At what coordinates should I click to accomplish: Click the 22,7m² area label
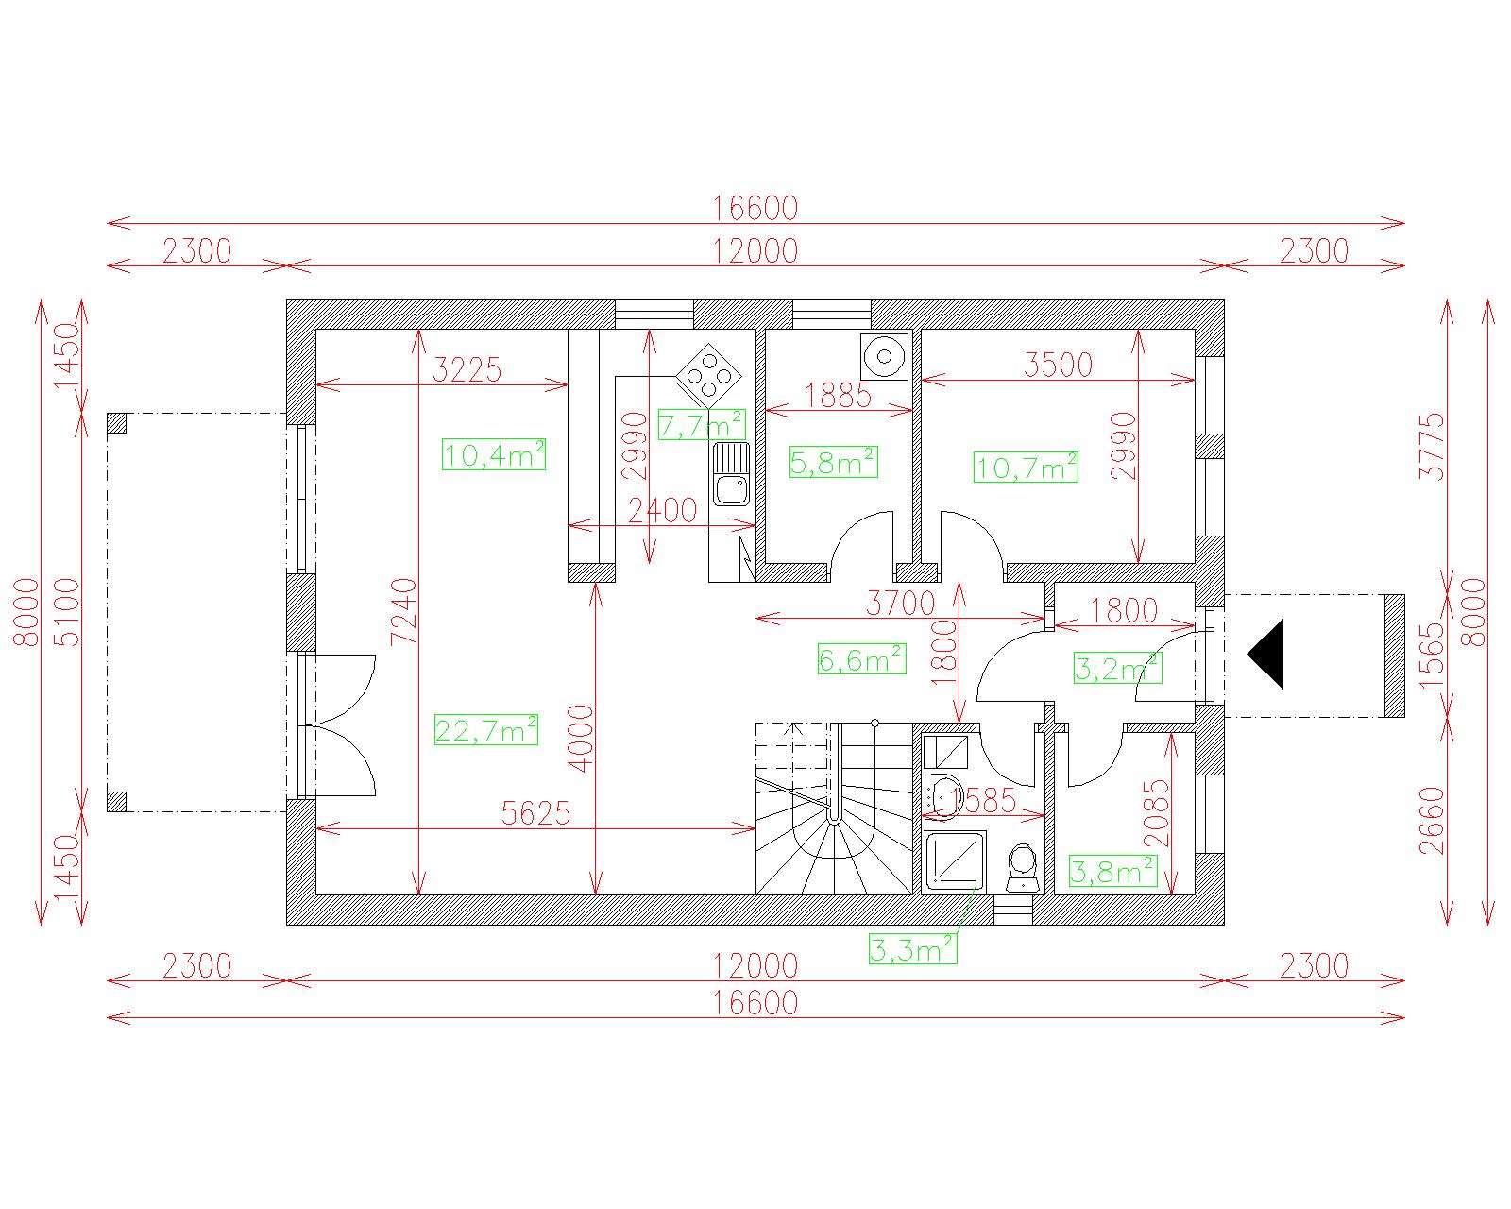485,729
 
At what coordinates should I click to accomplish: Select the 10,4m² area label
494,453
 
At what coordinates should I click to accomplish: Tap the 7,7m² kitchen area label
702,423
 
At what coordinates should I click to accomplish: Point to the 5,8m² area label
834,462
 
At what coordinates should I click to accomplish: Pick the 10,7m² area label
1026,467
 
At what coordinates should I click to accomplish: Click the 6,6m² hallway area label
861,658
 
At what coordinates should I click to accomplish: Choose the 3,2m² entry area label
1118,668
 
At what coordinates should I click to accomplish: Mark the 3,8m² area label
1112,871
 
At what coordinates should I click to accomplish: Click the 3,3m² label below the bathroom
913,948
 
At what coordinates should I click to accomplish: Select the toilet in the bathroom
1023,869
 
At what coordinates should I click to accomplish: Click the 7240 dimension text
404,610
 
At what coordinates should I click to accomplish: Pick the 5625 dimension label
535,813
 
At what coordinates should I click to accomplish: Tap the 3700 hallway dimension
901,603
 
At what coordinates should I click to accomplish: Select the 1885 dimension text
838,396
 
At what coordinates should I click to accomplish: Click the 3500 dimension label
1058,365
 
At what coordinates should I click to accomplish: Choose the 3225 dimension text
467,369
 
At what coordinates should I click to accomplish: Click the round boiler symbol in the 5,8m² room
884,356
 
